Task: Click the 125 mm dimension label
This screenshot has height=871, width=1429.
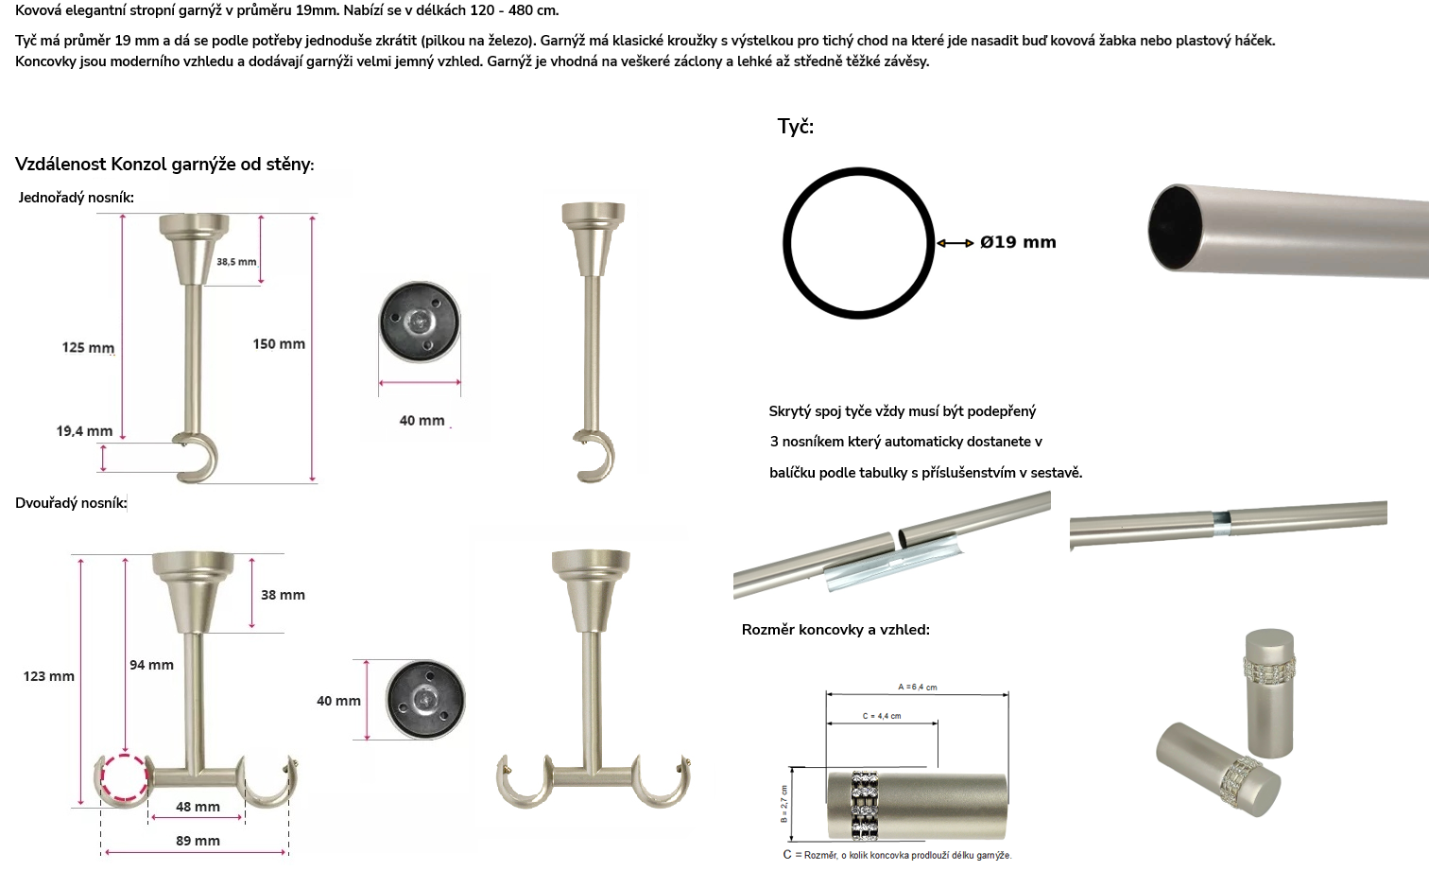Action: [x=88, y=347]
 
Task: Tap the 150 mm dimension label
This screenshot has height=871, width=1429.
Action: [x=279, y=343]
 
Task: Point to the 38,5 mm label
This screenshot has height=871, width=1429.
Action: [x=236, y=261]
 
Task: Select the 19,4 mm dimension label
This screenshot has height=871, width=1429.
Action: [x=84, y=431]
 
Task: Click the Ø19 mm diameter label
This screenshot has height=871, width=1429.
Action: [x=1018, y=242]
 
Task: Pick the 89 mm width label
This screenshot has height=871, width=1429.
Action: [x=198, y=841]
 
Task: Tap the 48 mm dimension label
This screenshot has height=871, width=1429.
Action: [x=198, y=807]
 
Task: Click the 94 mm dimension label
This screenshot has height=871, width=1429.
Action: [x=151, y=665]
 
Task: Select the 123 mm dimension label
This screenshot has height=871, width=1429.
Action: [x=48, y=676]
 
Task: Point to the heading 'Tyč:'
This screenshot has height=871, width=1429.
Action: [x=796, y=127]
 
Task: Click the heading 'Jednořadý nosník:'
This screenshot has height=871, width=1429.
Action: [x=76, y=198]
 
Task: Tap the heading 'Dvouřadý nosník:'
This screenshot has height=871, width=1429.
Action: [x=71, y=503]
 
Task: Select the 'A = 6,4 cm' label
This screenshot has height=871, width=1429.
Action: [x=918, y=688]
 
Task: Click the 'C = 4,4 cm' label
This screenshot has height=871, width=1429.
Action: [x=882, y=716]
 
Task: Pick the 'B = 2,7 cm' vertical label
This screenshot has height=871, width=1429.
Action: [x=784, y=804]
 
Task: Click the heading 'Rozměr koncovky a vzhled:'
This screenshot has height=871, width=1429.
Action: [x=835, y=630]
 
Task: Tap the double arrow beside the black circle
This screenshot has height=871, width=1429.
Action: [x=955, y=243]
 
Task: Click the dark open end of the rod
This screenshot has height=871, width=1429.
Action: [x=1175, y=227]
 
